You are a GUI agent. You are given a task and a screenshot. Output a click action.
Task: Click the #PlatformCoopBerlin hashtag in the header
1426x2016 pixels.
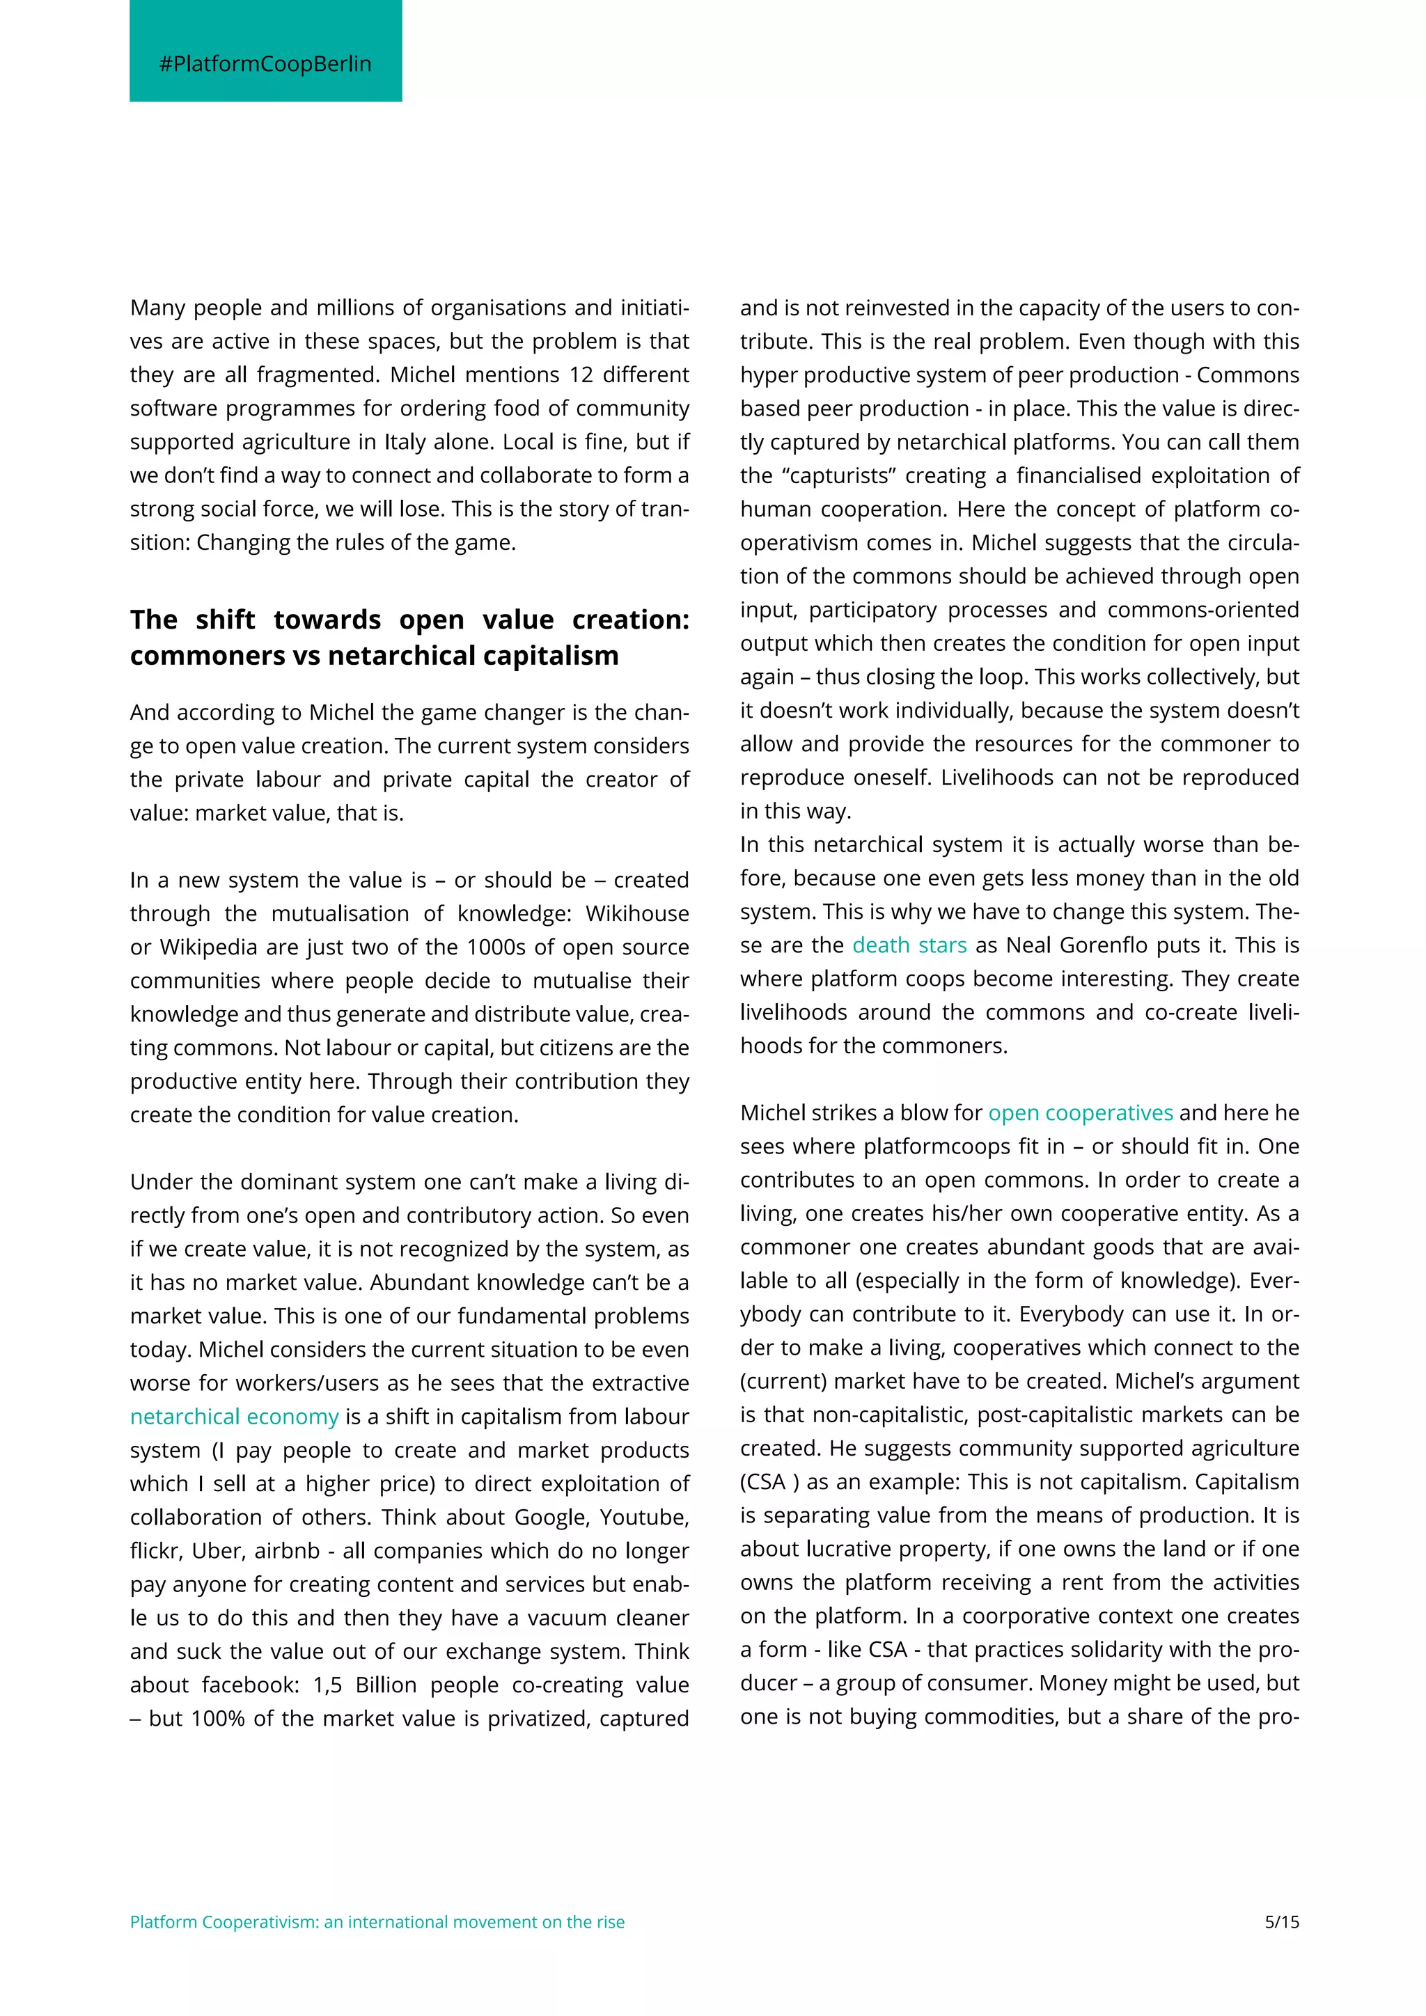click(x=265, y=64)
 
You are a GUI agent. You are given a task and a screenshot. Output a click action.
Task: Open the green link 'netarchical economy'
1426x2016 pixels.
click(x=233, y=1417)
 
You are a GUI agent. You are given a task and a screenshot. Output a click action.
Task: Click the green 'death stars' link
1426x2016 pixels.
click(x=909, y=945)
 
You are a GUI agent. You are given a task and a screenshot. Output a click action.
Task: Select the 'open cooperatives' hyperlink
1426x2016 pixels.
click(x=1080, y=1112)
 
